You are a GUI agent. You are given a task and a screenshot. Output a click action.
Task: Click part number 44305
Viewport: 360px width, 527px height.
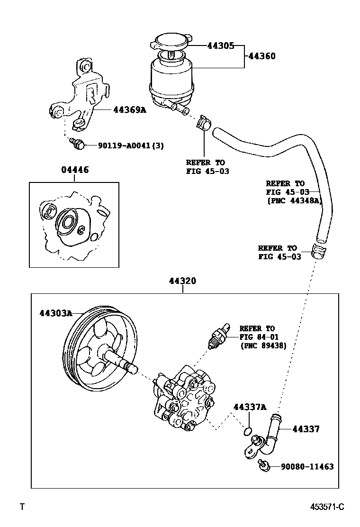pyautogui.click(x=221, y=46)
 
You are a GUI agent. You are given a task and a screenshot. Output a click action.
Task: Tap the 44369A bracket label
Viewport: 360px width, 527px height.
pyautogui.click(x=130, y=109)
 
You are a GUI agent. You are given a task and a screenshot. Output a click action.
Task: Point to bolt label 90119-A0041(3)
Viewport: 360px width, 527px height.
pyautogui.click(x=131, y=146)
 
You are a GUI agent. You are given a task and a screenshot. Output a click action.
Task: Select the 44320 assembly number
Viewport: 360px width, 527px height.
pyautogui.click(x=182, y=281)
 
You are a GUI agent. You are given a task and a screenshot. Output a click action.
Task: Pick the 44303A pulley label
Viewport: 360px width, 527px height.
pyautogui.click(x=55, y=313)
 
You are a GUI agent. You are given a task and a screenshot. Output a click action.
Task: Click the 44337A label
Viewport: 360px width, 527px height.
pyautogui.click(x=250, y=407)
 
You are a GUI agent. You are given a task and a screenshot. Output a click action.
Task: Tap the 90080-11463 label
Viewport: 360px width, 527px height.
pyautogui.click(x=306, y=467)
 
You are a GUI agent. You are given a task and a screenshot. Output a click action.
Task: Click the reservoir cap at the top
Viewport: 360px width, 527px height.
pyautogui.click(x=171, y=40)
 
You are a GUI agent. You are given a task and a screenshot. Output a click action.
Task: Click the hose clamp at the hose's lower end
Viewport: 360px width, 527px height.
pyautogui.click(x=319, y=250)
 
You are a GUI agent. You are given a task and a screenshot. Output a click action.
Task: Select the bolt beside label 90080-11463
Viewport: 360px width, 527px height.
pyautogui.click(x=264, y=465)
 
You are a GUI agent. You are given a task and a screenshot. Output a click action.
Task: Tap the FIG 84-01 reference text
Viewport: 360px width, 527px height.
pyautogui.click(x=259, y=336)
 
